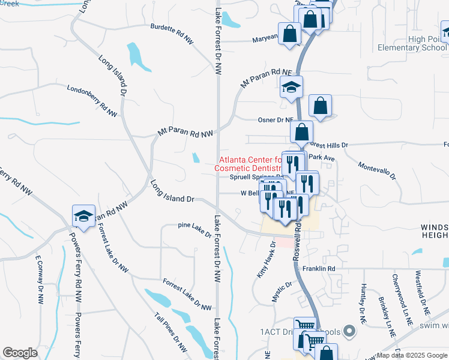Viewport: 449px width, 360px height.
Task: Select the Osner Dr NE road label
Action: pyautogui.click(x=276, y=119)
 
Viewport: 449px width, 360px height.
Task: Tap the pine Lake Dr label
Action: pyautogui.click(x=195, y=230)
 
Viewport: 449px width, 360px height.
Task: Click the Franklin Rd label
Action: pyautogui.click(x=318, y=269)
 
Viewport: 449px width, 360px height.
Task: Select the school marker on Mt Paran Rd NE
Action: pyautogui.click(x=292, y=87)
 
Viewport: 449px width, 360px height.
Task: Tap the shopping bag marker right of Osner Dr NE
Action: pyautogui.click(x=321, y=106)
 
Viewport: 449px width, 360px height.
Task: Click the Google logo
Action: pyautogui.click(x=20, y=353)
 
